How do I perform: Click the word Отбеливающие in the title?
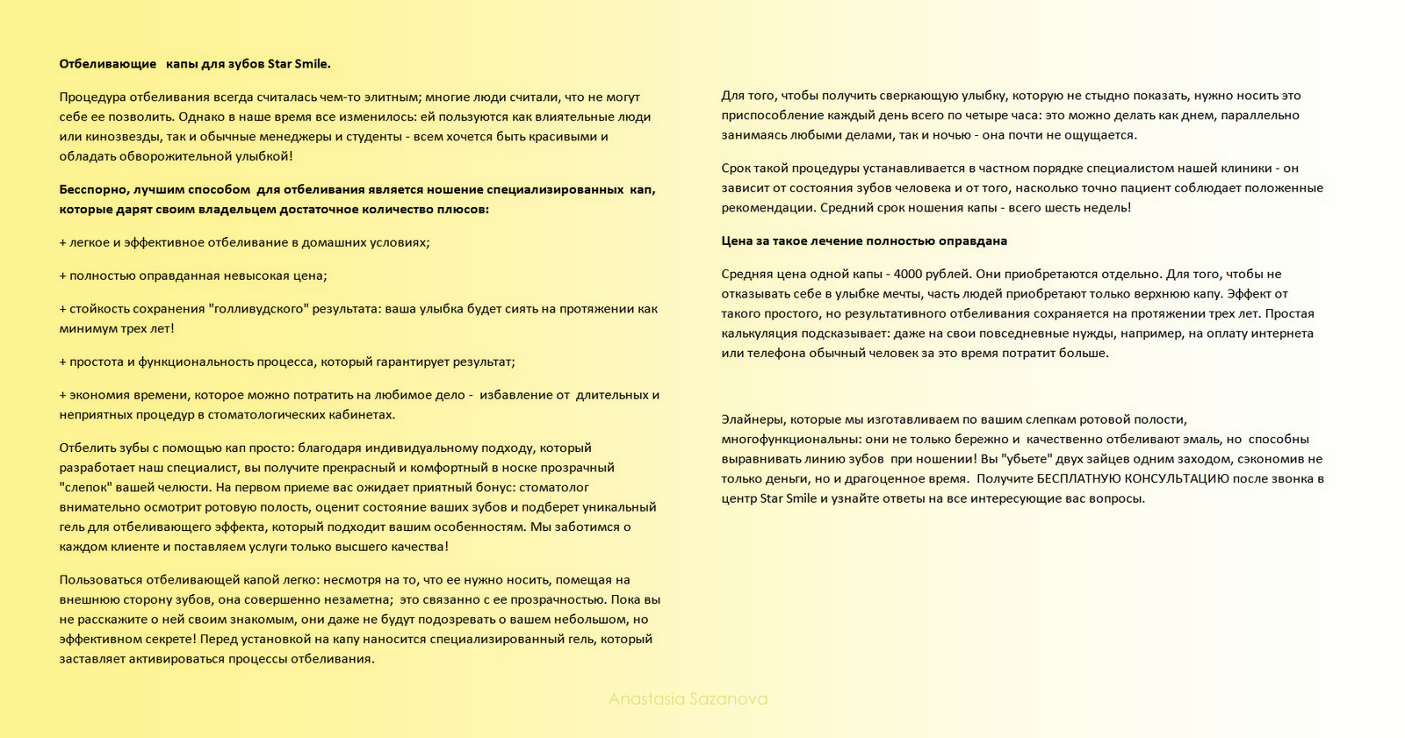(108, 64)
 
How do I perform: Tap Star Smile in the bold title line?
(299, 64)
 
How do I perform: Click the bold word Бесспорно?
(93, 190)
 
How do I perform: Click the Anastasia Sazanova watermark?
(688, 699)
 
